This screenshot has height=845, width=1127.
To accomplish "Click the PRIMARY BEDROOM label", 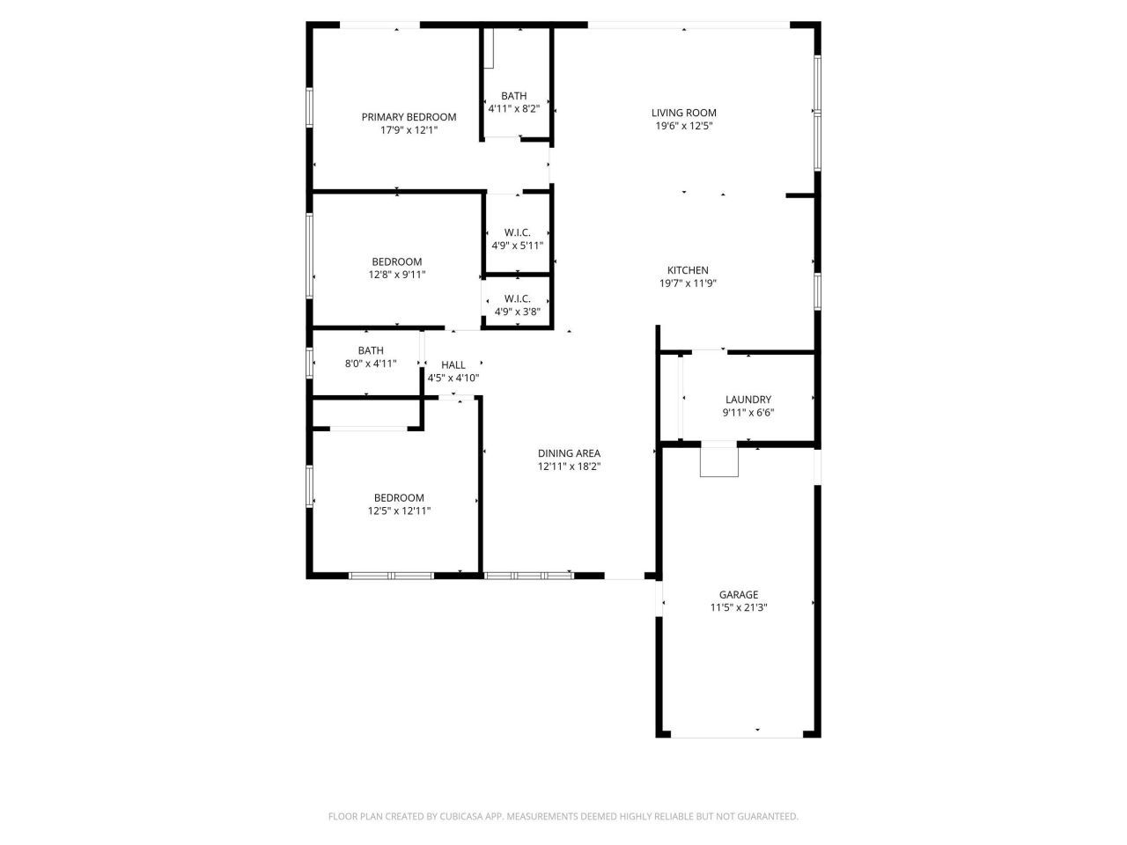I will (409, 117).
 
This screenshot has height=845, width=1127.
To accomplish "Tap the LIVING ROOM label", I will (683, 113).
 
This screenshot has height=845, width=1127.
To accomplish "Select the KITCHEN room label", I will (687, 270).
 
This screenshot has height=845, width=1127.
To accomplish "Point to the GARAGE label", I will (738, 594).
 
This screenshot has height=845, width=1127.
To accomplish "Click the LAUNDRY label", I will (748, 400).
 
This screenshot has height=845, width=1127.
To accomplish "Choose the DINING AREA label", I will (569, 453).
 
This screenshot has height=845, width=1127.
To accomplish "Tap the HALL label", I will (453, 365).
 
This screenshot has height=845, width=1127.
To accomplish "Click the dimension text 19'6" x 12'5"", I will (683, 126).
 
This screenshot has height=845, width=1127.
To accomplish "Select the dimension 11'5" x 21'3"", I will (739, 607).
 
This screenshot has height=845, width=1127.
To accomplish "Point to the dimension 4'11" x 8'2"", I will (513, 109).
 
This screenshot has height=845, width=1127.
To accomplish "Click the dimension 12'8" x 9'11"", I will (396, 275).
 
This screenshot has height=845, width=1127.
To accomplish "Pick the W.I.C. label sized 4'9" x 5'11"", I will (517, 232).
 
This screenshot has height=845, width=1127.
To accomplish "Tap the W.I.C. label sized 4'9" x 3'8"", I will (517, 298).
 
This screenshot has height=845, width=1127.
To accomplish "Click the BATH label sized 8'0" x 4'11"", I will (371, 350).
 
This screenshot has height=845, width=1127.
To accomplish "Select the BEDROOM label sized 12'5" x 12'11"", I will (399, 497).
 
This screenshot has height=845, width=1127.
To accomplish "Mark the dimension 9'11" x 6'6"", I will (748, 413).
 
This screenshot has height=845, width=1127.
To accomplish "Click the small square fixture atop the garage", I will (718, 462).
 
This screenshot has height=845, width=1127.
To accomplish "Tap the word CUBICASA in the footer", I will (463, 817).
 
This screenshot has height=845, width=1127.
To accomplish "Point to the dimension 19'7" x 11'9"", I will (687, 283).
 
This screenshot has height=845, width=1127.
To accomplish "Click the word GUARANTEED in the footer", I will (768, 817).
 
